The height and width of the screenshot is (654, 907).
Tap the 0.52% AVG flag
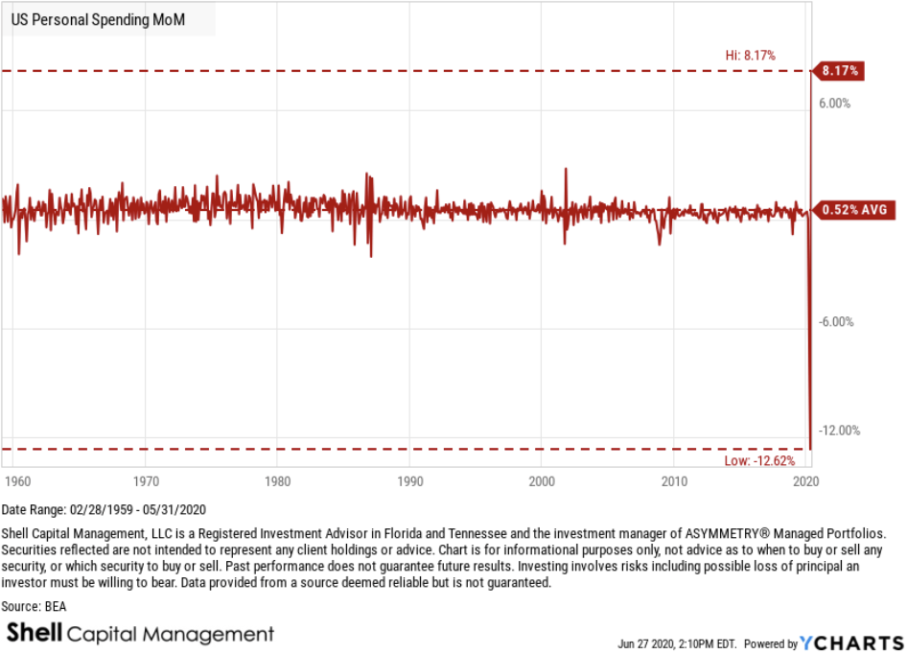click(852, 209)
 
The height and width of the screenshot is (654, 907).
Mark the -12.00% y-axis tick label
click(841, 431)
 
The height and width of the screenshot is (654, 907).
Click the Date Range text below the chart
click(105, 509)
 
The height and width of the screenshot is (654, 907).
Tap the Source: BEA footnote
click(34, 606)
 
